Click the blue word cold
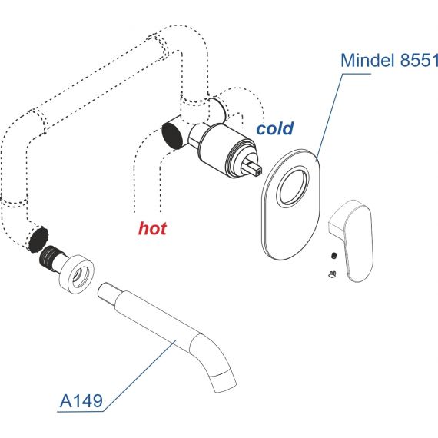(275, 129)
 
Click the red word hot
(152, 228)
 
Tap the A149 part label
(81, 401)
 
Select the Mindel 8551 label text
(390, 60)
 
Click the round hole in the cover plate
(293, 186)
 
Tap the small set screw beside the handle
(333, 255)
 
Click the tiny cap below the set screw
(332, 274)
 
